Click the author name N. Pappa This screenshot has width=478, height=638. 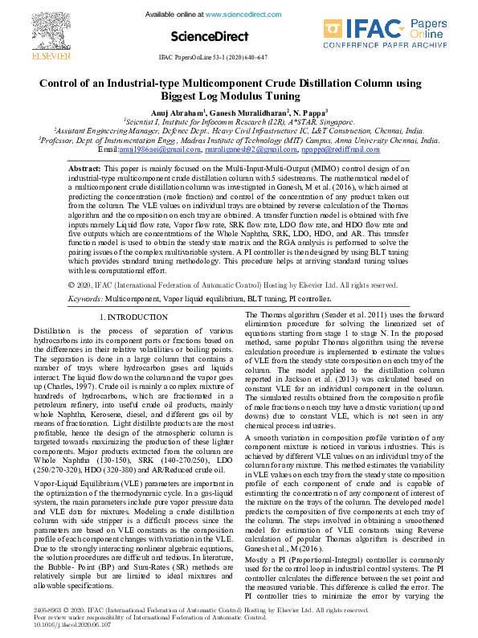click(310, 112)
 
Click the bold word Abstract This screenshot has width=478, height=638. click(84, 170)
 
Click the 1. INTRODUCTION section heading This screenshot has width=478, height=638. click(132, 317)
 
